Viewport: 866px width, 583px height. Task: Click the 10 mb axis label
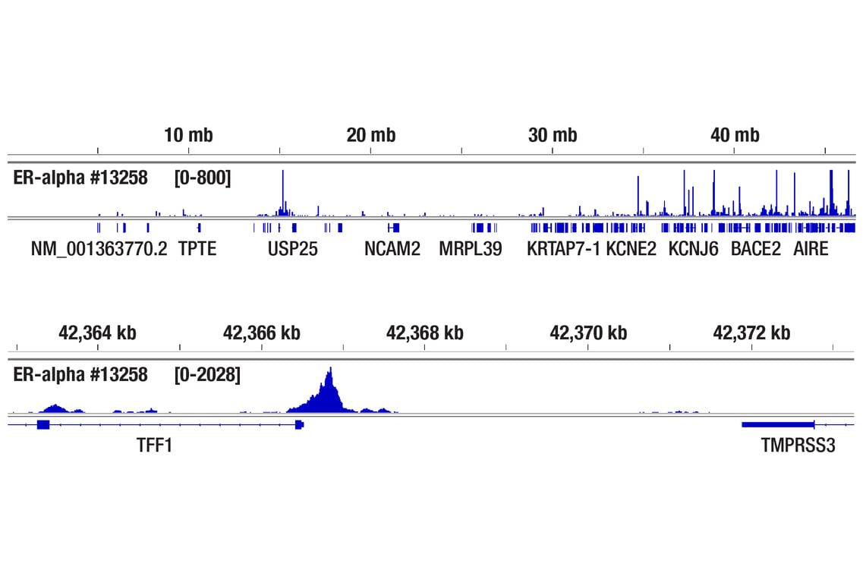[x=188, y=136]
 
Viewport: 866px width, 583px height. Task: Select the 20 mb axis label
[x=370, y=136]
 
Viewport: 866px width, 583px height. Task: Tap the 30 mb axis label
[x=553, y=136]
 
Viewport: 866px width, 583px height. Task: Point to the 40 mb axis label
[x=735, y=136]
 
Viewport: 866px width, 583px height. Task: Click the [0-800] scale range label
[x=203, y=178]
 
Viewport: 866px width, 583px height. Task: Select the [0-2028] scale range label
[x=207, y=374]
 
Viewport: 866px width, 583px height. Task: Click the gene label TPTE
[x=197, y=248]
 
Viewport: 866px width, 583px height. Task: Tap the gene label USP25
[x=292, y=248]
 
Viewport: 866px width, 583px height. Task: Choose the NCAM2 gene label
[x=392, y=248]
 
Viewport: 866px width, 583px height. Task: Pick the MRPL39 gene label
[x=471, y=248]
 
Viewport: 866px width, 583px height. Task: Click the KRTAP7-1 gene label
[x=563, y=248]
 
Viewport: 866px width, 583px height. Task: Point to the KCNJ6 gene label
[x=693, y=248]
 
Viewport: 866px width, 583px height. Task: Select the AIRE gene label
[x=811, y=248]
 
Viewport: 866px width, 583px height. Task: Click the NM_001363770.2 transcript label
[x=99, y=248]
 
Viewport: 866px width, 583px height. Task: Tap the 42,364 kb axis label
[x=98, y=332]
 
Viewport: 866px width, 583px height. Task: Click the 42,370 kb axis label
[x=588, y=332]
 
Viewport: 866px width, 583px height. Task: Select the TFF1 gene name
[x=154, y=445]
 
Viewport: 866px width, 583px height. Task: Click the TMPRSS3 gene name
[x=798, y=445]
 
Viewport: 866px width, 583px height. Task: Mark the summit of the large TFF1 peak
[x=330, y=369]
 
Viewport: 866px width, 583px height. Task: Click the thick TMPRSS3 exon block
[x=777, y=424]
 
